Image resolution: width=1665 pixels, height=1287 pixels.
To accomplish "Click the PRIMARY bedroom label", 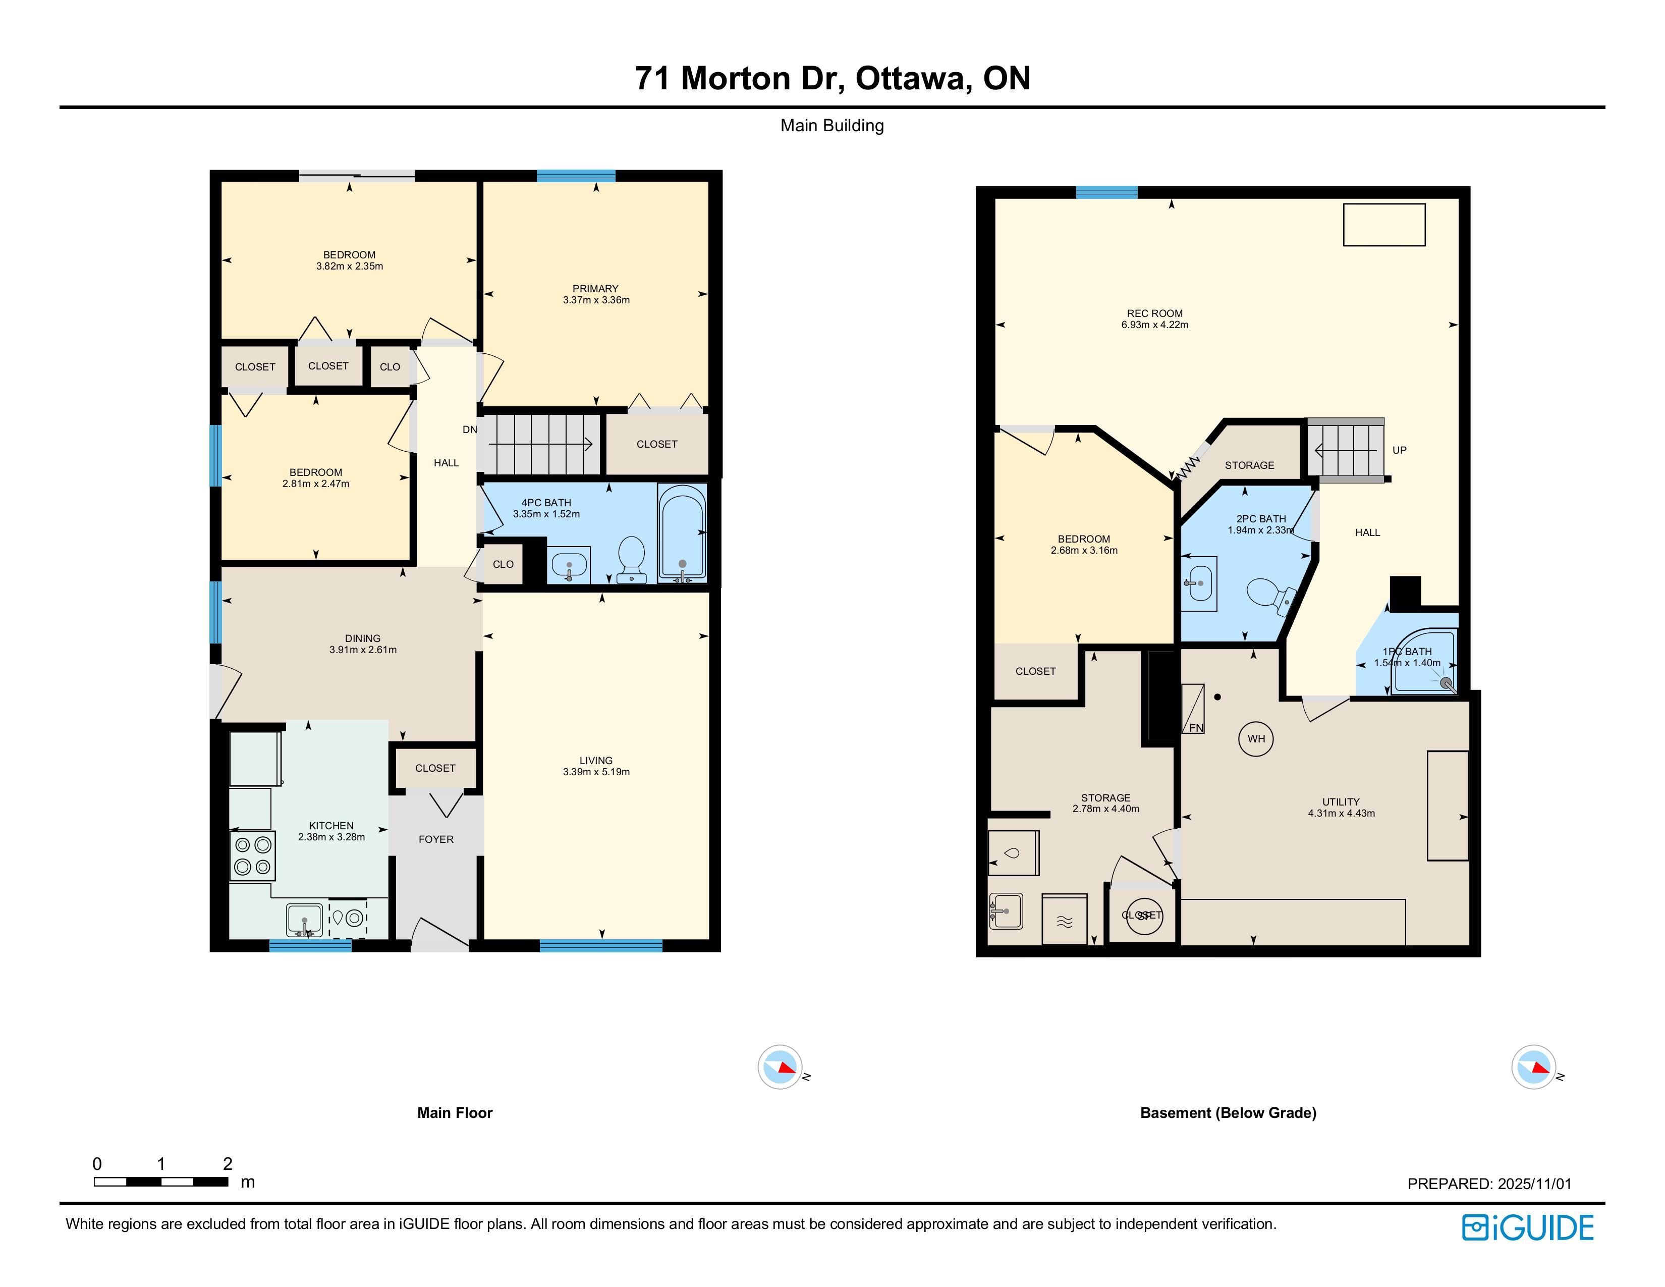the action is coord(595,288).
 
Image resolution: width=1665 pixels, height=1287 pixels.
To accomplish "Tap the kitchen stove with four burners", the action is coord(252,855).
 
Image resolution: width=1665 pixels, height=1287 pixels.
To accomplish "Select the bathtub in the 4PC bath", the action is coord(682,533).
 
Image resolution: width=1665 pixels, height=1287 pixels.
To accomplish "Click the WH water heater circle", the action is coord(1256,738).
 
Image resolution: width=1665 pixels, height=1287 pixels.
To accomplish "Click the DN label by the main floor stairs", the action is coord(470,430).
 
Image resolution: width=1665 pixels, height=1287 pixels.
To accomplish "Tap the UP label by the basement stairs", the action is coord(1400,450).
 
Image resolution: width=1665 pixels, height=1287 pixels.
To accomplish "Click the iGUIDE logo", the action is coord(1528,1227).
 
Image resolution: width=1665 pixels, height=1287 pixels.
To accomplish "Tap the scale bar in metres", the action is coord(161,1182).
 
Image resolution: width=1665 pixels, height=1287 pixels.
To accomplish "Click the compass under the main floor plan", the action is coord(780,1066).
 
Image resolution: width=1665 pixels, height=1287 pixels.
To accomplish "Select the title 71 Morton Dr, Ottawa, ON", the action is coord(832,78).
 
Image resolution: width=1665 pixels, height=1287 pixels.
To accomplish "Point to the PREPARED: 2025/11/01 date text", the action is coord(1489,1184).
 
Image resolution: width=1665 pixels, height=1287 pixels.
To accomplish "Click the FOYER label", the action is coord(436,839).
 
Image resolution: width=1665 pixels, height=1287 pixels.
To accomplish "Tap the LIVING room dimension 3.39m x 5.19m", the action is coord(596,772).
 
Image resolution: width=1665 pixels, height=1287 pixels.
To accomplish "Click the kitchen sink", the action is coord(304,919).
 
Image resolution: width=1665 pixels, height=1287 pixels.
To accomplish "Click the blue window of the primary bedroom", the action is coord(576,175).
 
